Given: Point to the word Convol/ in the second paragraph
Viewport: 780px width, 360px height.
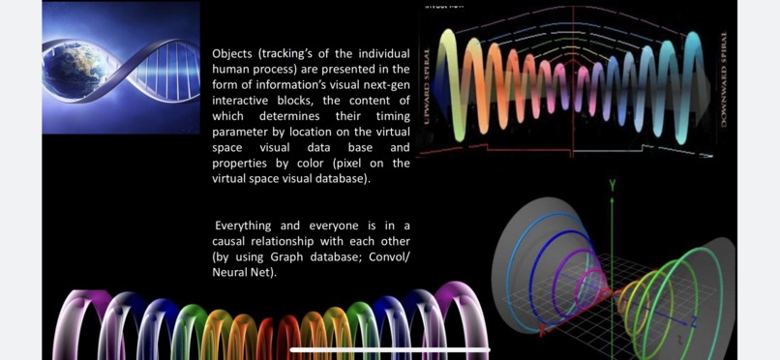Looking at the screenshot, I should [390, 256].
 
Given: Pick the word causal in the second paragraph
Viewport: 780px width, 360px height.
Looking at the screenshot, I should [230, 241].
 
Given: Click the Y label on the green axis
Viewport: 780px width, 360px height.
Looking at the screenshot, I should [612, 184].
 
